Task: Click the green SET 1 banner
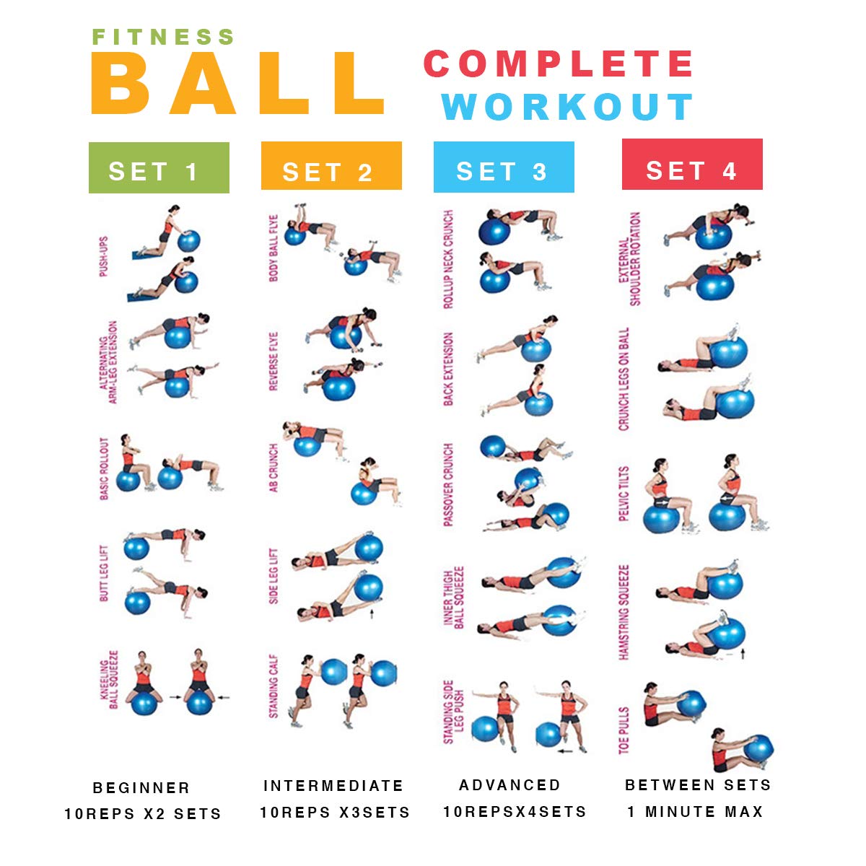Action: coord(159,167)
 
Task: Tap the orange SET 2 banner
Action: coord(331,166)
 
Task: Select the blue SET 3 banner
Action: coord(504,167)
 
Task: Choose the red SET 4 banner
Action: coord(692,164)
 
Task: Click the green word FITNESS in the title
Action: coord(163,37)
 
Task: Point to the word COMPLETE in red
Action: coord(558,64)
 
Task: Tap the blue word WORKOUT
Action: coord(567,107)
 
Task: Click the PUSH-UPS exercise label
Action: coord(103,257)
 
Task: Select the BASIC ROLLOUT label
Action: coord(104,468)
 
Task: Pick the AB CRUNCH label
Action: coord(274,468)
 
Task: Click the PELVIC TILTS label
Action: coord(624,494)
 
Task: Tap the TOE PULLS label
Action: coord(624,730)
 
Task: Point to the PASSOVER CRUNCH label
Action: coord(448,484)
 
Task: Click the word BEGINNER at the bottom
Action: coord(141,788)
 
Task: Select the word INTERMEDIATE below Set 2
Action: coord(333,786)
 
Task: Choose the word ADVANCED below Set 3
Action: coord(509,785)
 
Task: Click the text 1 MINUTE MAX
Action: coord(695,812)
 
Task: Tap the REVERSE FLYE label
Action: coord(274,362)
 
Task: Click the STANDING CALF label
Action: coord(274,686)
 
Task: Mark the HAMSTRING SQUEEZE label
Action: coord(624,612)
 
